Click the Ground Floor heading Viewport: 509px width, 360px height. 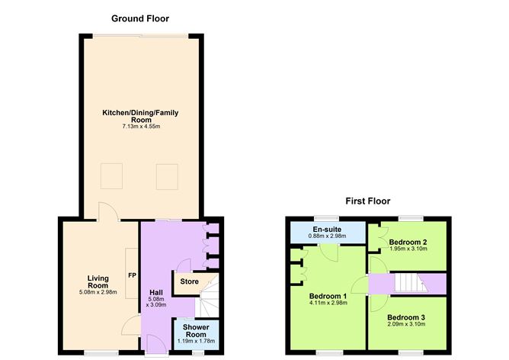[140, 18]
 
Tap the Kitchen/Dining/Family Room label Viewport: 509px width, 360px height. [140, 116]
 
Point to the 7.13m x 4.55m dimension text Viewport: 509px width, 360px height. [140, 127]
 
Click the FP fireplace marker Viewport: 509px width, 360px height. [132, 275]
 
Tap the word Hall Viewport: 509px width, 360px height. [155, 291]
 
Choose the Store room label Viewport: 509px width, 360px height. [189, 282]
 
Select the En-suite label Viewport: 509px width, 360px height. [327, 229]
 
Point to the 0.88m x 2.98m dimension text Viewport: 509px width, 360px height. [327, 236]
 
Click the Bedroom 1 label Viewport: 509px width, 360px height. [328, 296]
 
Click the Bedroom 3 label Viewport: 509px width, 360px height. [406, 317]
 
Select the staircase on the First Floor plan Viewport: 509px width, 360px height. [406, 284]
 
